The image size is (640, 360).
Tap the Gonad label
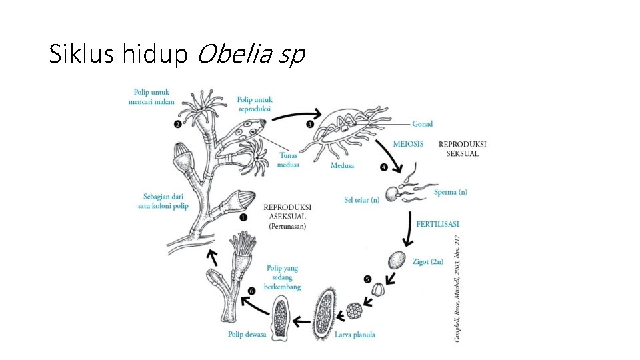point(423,124)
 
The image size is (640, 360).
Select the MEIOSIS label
point(408,144)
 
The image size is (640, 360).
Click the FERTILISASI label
point(438,224)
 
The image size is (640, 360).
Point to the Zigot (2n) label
point(428,262)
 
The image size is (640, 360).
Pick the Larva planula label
point(355,335)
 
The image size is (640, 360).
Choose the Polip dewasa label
point(246,335)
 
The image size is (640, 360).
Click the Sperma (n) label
point(451,192)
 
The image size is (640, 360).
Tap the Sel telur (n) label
point(362,199)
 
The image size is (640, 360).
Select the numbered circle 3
point(310,124)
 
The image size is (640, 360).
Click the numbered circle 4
point(383,167)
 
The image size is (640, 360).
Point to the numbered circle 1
point(243,217)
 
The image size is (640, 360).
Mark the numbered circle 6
point(251,291)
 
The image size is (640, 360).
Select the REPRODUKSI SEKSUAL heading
point(462,149)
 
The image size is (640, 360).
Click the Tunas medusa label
point(289,160)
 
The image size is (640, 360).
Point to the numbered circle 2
point(178,124)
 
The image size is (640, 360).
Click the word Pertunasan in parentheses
point(288,227)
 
